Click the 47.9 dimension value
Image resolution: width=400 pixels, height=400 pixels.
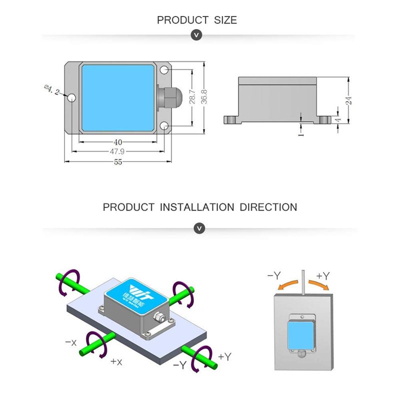[x=117, y=151]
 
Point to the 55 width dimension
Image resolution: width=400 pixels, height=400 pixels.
[x=118, y=161]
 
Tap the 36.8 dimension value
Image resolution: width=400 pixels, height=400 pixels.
[x=204, y=97]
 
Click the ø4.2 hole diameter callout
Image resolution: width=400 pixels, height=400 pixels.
[x=51, y=90]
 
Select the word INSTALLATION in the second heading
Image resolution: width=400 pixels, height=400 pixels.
[x=197, y=207]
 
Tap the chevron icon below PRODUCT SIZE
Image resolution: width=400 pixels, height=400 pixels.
[x=197, y=35]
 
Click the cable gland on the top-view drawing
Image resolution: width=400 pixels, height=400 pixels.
[x=165, y=97]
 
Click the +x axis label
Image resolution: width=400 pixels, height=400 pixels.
[x=116, y=361]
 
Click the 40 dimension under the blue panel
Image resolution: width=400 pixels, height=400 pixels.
[x=118, y=142]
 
